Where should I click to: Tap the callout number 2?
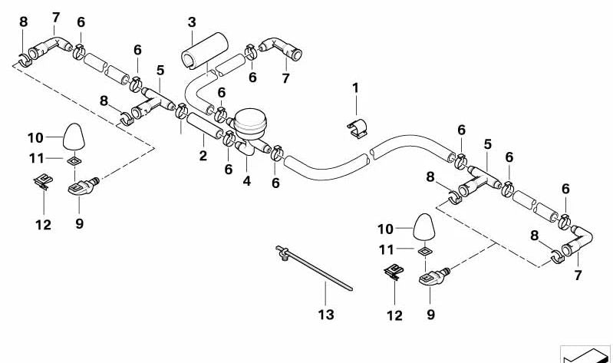(203, 157)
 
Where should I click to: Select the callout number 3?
(192, 22)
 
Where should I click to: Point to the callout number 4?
(246, 182)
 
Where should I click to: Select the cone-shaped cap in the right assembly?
(426, 228)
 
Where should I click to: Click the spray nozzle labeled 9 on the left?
(81, 185)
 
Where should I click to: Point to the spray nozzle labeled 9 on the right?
(433, 276)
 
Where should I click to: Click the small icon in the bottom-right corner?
(587, 355)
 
